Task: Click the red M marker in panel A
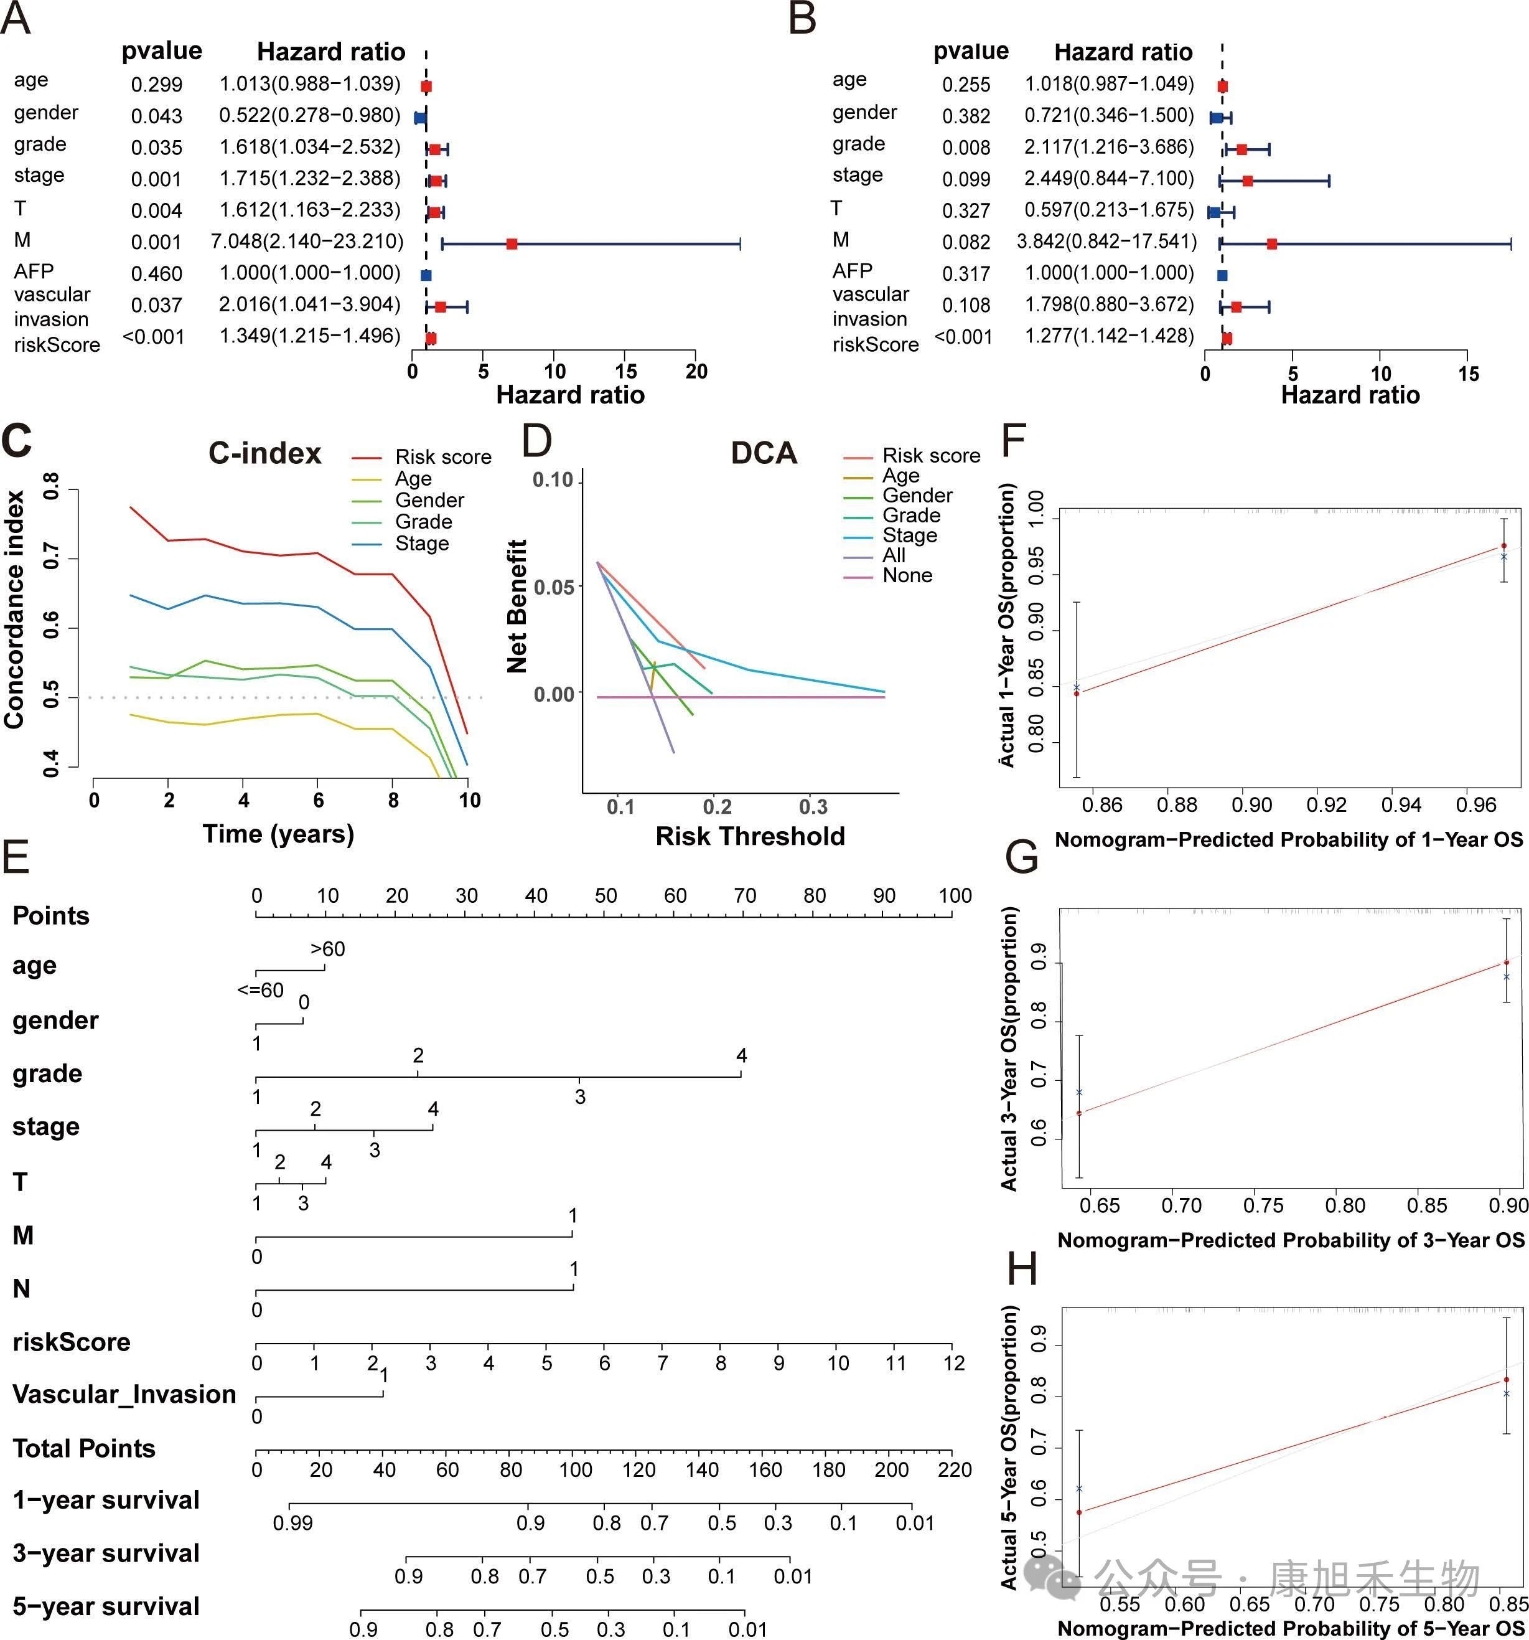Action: [x=512, y=244]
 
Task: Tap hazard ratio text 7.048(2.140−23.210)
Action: [x=307, y=242]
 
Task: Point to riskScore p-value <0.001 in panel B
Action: [x=963, y=337]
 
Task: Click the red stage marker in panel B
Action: [x=1247, y=181]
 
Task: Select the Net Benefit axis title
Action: [x=517, y=606]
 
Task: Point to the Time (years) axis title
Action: [x=279, y=834]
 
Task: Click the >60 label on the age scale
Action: [x=327, y=950]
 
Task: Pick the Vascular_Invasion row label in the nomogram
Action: [x=124, y=1394]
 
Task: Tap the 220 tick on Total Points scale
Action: [x=954, y=1469]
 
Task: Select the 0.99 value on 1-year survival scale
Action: [x=292, y=1523]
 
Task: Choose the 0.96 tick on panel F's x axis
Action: [x=1475, y=804]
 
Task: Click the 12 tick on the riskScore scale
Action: [x=954, y=1364]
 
